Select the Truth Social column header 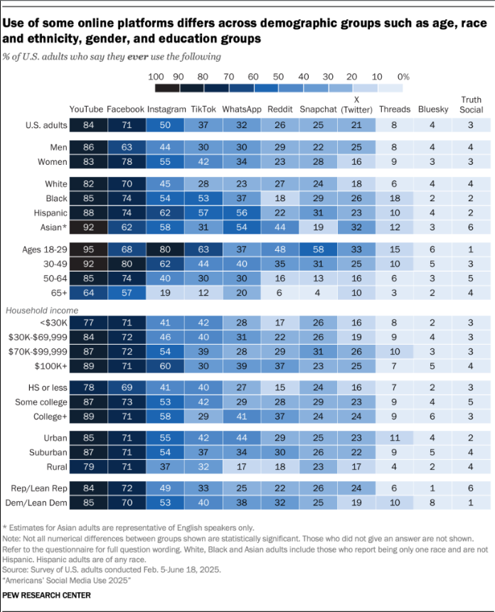click(472, 104)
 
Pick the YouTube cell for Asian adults click(88, 227)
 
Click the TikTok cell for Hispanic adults click(203, 213)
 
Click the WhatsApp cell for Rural click(242, 466)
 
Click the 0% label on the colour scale click(403, 76)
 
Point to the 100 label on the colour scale click(156, 76)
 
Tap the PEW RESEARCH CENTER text click(46, 595)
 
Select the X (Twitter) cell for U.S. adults click(357, 126)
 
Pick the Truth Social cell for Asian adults click(472, 227)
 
